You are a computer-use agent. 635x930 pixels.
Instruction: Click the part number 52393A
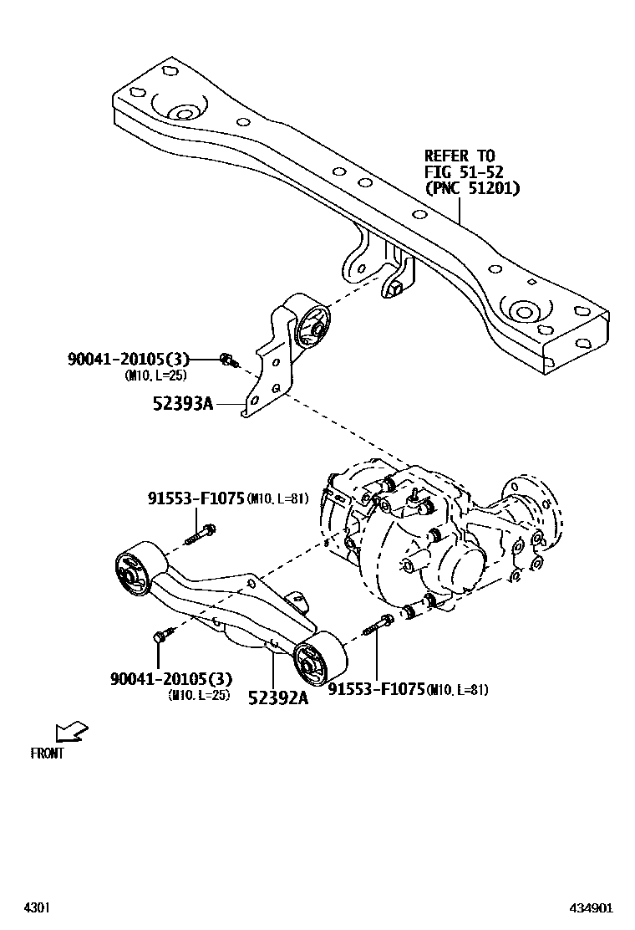183,404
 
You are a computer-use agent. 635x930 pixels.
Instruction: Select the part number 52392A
277,697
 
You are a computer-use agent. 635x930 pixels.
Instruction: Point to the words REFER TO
460,156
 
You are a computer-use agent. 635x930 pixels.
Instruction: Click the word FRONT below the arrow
48,753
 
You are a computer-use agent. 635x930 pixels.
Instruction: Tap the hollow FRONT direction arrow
73,732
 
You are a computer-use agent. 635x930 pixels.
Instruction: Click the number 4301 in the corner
36,907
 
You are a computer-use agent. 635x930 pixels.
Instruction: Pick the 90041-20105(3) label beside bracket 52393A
129,360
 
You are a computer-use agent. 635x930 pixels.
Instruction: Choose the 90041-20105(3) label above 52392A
170,678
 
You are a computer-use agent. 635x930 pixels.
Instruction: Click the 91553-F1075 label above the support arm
196,499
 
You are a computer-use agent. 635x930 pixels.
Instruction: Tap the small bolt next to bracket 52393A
226,360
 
